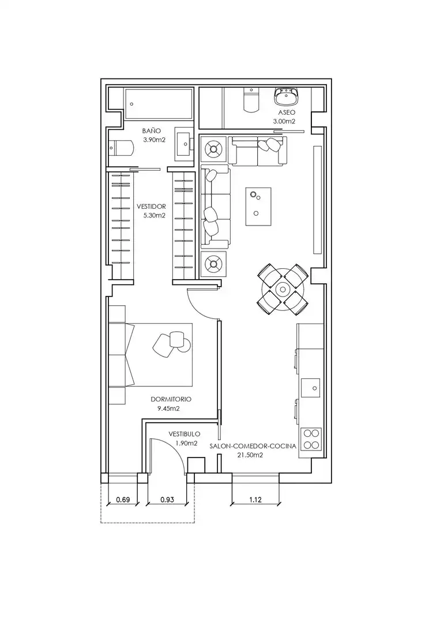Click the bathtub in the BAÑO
(x=159, y=104)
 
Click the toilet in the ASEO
(x=251, y=100)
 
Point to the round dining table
(x=283, y=289)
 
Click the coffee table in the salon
(x=258, y=207)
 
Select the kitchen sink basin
(x=311, y=388)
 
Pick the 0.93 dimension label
(x=167, y=500)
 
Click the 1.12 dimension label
(x=255, y=500)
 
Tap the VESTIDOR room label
(x=151, y=207)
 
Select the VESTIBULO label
(x=185, y=434)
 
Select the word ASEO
(x=287, y=112)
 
